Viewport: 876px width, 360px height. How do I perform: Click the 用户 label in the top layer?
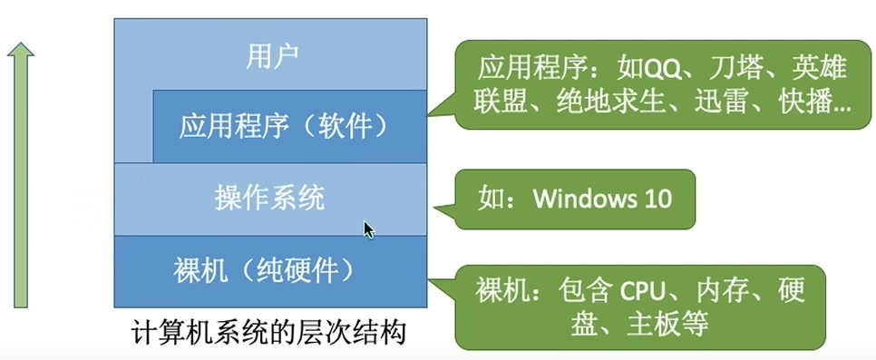click(272, 57)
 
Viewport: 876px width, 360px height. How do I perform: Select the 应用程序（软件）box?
click(284, 125)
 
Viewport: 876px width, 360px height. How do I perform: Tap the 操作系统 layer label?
click(269, 197)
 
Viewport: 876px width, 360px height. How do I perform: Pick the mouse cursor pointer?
click(368, 229)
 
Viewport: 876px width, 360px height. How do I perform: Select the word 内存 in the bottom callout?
click(721, 291)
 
